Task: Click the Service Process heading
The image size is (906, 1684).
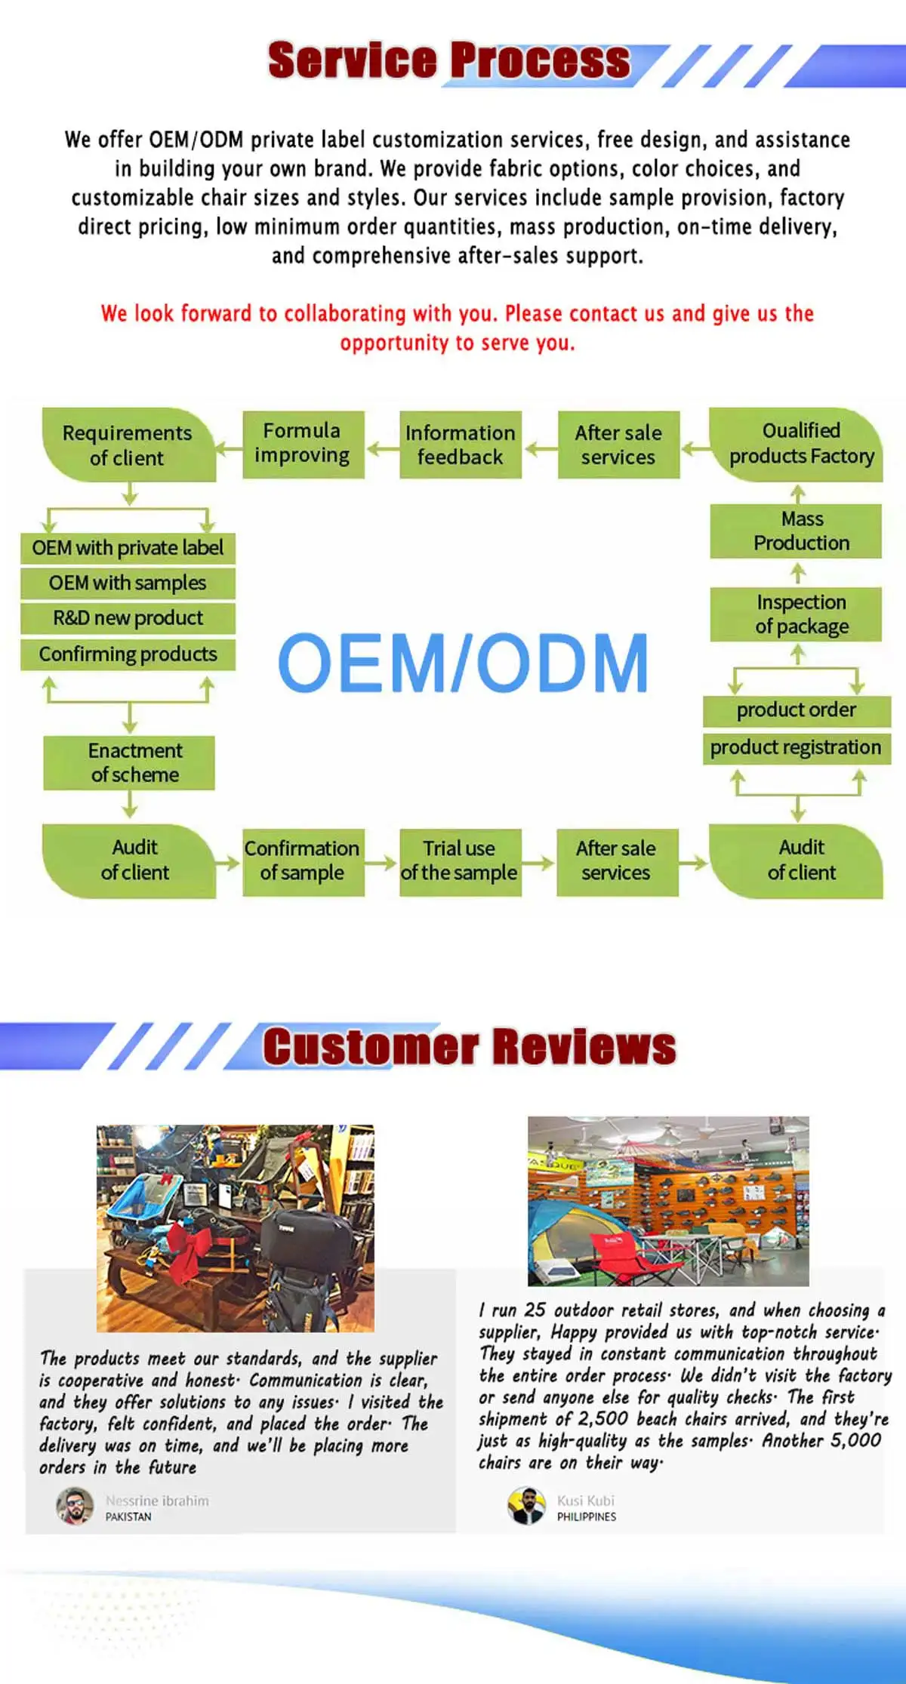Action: point(448,60)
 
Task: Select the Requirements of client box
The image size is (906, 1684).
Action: point(128,445)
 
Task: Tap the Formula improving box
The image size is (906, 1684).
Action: point(303,444)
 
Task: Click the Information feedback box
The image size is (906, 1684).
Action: point(460,445)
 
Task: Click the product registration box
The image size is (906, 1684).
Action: point(796,748)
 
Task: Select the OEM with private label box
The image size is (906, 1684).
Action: point(128,548)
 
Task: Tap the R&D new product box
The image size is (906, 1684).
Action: point(128,618)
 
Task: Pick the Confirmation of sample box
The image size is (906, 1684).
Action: point(303,861)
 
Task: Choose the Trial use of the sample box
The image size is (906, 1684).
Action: point(460,861)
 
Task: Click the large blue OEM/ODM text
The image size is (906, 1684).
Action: point(464,663)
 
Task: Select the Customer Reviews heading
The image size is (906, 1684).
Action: point(469,1047)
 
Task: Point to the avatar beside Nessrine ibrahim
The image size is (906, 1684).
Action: point(75,1506)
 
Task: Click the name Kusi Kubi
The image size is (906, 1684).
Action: point(586,1501)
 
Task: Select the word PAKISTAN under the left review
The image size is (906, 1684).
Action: point(128,1516)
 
